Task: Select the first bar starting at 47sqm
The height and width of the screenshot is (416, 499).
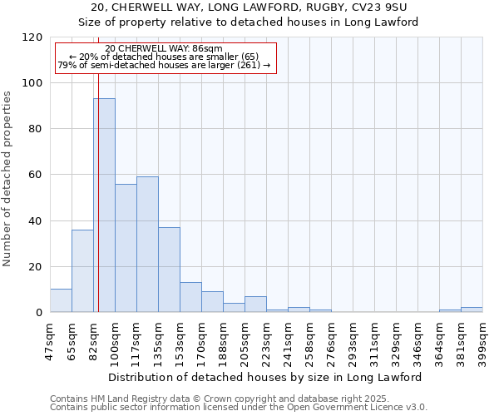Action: [61, 300]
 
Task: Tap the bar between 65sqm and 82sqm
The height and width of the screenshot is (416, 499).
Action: [82, 270]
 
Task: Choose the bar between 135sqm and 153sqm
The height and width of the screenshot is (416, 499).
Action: [169, 270]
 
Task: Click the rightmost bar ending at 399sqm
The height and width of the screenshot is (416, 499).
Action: [472, 310]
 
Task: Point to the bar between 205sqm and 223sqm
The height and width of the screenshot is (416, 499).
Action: [255, 305]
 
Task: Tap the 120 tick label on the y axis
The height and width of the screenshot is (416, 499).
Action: [33, 37]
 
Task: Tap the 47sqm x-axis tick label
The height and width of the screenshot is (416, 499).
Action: [50, 339]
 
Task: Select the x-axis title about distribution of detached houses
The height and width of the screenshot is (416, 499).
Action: [266, 377]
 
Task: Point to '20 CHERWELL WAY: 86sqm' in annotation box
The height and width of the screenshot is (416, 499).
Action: [165, 49]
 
